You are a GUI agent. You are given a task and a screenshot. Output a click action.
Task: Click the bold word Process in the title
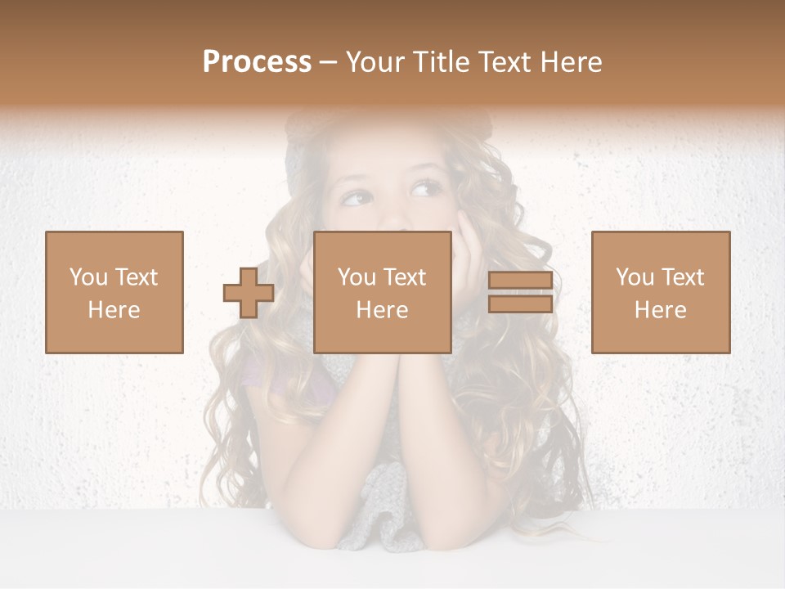(x=257, y=62)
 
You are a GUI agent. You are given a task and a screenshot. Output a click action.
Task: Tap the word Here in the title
(x=572, y=62)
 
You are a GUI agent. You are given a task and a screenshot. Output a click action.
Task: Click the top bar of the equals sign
(x=520, y=281)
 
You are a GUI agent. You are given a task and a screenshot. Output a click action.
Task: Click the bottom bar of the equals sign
(x=520, y=304)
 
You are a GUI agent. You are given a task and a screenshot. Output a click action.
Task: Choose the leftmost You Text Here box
(x=114, y=293)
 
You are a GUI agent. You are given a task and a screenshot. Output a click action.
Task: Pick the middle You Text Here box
(x=383, y=293)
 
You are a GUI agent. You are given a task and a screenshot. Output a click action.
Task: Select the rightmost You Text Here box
(x=661, y=293)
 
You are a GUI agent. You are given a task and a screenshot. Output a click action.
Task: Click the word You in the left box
(x=88, y=277)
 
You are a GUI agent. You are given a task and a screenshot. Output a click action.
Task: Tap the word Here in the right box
(x=661, y=310)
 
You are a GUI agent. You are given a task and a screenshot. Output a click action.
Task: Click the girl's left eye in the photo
(x=425, y=191)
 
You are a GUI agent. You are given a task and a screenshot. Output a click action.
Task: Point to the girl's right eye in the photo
(x=357, y=197)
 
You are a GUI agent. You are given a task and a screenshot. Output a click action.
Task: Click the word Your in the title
(x=375, y=62)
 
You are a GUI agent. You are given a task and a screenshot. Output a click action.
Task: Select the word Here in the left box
(x=114, y=310)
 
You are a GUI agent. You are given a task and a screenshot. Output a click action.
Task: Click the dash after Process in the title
(x=329, y=62)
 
